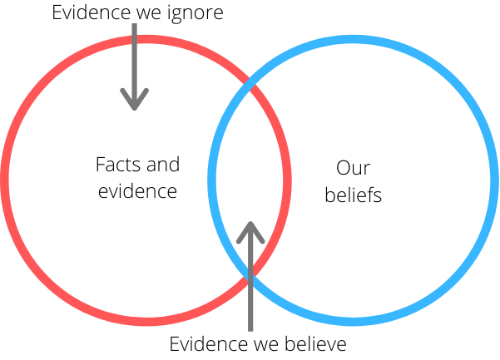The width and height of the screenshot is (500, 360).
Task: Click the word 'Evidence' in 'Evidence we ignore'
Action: [92, 12]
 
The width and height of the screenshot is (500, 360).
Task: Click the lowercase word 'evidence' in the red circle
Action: [137, 191]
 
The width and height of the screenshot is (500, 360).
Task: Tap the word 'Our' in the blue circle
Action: [353, 168]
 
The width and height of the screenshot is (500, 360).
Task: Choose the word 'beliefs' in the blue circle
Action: [353, 195]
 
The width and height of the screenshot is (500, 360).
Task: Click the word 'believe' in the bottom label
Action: [315, 344]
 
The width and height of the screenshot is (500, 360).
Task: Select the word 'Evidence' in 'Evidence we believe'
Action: [209, 344]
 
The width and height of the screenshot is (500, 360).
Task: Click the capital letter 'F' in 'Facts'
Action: [101, 165]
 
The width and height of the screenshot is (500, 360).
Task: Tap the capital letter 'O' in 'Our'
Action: [344, 168]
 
